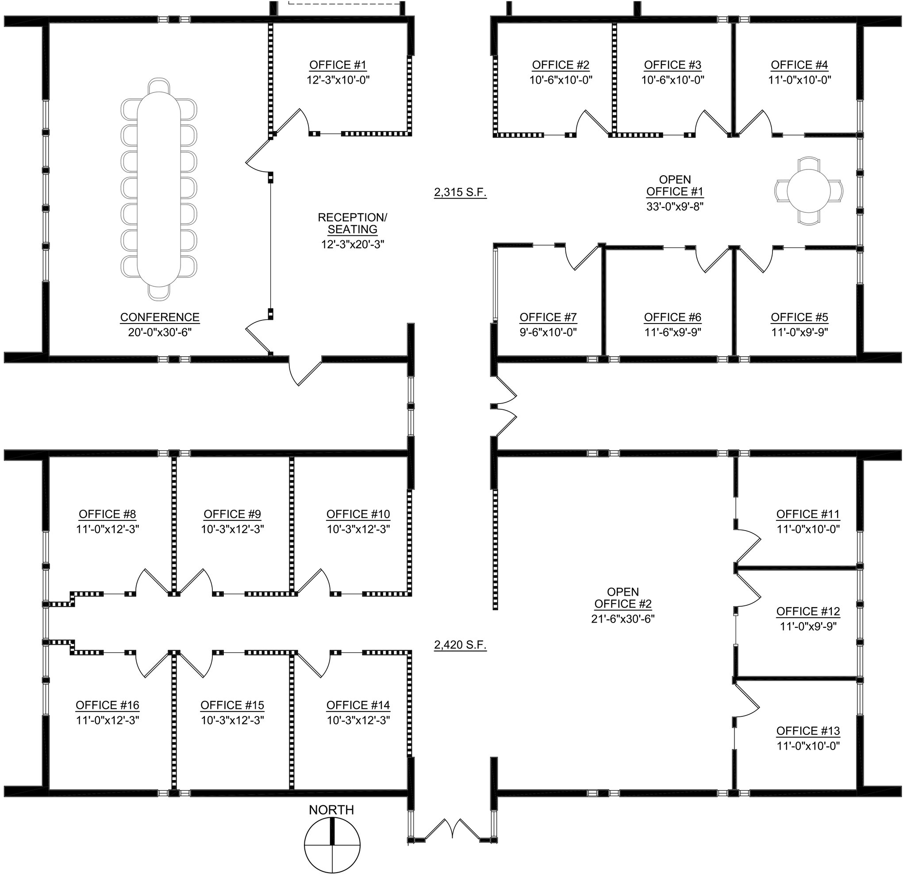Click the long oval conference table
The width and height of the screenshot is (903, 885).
click(x=159, y=189)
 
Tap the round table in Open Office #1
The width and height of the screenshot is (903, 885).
click(x=809, y=191)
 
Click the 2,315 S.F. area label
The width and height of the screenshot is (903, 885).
click(x=460, y=192)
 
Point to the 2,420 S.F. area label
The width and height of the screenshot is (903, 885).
click(x=460, y=645)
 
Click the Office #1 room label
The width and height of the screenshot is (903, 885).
click(x=338, y=65)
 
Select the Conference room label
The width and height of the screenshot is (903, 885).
click(x=160, y=317)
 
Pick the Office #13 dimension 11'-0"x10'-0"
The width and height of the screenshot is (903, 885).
click(x=808, y=746)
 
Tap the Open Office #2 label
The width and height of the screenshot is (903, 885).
click(x=623, y=598)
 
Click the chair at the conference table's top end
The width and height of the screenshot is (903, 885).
click(x=159, y=85)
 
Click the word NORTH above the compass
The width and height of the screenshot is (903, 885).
click(x=331, y=810)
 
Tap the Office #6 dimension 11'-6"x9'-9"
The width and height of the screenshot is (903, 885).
click(x=672, y=332)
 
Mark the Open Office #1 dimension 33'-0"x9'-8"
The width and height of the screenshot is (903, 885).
click(x=675, y=206)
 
